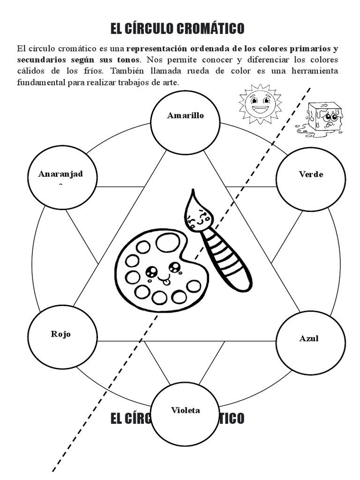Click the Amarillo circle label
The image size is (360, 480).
coord(186,116)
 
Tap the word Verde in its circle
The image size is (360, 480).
coord(311,174)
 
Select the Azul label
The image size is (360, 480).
coord(309,338)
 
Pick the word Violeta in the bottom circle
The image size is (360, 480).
coord(185,410)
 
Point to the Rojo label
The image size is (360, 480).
coord(61,334)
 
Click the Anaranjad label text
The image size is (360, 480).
coord(60,174)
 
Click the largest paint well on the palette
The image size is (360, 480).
coord(167,243)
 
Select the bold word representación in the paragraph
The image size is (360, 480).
coord(157,49)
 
